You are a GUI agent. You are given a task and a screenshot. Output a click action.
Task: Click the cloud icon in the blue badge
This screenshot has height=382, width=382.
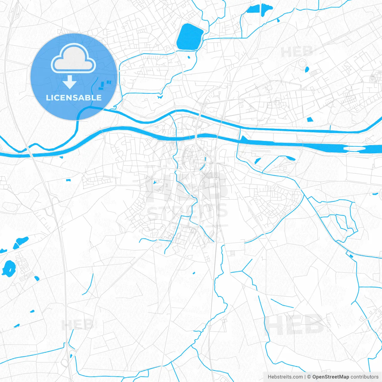pos(73,58)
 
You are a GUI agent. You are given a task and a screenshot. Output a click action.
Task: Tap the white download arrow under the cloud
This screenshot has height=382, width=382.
pos(70,82)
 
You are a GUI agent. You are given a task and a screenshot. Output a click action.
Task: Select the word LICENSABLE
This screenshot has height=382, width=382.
pos(74,98)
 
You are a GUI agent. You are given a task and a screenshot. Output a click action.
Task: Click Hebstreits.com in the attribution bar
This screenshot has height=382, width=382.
pos(285,377)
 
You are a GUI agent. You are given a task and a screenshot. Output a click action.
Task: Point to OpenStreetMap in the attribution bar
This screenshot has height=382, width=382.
pos(331,377)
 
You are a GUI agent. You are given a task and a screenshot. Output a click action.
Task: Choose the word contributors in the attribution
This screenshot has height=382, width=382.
pos(364,377)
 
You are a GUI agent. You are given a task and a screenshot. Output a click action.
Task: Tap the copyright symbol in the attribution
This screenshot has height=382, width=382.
pos(309,377)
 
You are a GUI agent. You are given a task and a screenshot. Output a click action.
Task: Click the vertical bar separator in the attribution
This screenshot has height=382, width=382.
pos(305,377)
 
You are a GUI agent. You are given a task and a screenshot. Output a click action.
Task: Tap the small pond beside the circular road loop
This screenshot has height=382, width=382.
pos(307,70)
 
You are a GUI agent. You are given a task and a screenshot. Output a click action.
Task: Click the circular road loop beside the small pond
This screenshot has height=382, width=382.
pos(302,63)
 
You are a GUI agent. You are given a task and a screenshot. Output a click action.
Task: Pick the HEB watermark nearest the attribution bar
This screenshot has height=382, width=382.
pos(295,325)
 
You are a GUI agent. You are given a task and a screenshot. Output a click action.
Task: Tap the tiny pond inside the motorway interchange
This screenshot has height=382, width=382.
pos(71,355)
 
